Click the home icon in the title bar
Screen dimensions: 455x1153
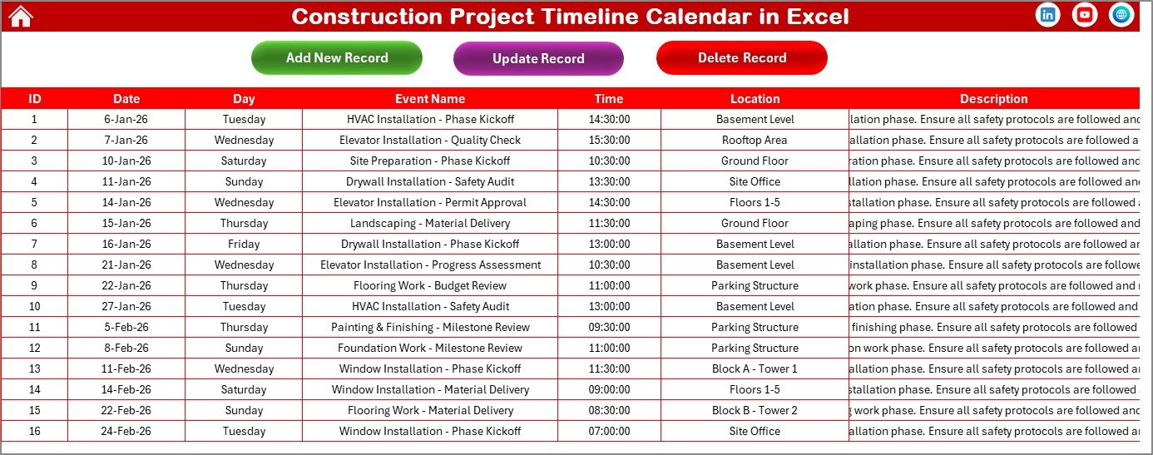coord(20,16)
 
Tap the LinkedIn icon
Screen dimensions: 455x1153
coord(1048,15)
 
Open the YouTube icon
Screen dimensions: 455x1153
coord(1085,15)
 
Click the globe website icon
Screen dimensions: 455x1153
coord(1121,15)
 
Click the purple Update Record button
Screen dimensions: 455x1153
coord(538,58)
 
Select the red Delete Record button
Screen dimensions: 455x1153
coord(741,57)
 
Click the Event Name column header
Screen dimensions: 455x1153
coord(430,98)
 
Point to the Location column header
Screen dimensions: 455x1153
coord(755,98)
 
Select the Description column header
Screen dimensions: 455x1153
coord(993,98)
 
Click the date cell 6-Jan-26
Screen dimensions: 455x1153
coord(126,119)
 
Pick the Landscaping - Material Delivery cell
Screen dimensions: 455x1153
coord(430,223)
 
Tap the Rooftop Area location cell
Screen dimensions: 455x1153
coord(755,140)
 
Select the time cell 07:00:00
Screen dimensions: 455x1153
coord(609,431)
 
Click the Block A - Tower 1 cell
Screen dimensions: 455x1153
coord(755,368)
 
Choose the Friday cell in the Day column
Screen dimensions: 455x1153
coord(244,244)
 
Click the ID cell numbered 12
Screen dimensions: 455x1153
coord(34,348)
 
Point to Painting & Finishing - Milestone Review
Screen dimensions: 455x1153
coord(430,327)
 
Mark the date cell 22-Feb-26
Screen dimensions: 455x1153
coord(126,410)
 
